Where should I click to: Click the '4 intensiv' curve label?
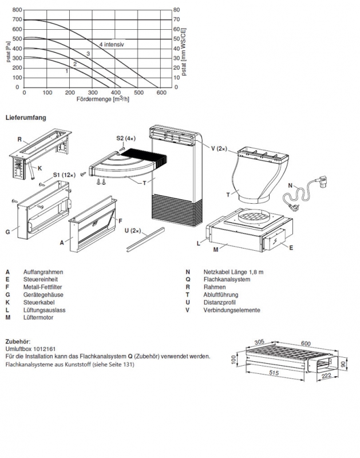[x=112, y=44]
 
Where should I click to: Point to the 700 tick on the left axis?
[x=17, y=20]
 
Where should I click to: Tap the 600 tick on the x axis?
[x=161, y=92]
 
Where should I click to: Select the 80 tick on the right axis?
[x=177, y=10]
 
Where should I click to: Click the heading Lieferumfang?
[x=26, y=118]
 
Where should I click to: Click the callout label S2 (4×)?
[x=125, y=138]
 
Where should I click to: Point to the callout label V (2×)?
[x=219, y=148]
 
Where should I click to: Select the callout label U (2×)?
[x=132, y=230]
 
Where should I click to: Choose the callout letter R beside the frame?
[x=19, y=139]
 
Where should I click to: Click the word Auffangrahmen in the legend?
[x=43, y=273]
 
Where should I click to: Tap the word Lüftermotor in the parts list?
[x=38, y=317]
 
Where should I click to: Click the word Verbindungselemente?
[x=231, y=310]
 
